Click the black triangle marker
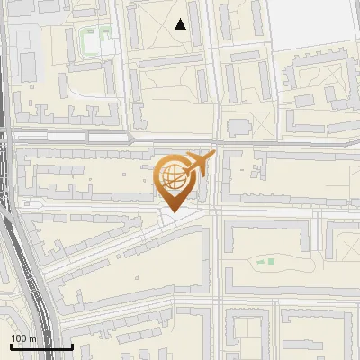coord(181,24)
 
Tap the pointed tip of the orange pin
coord(171,211)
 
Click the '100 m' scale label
coord(24,337)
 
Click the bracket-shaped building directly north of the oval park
coord(270,229)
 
